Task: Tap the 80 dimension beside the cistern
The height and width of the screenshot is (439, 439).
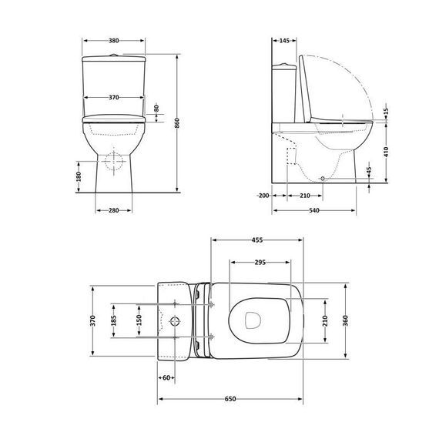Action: point(156,109)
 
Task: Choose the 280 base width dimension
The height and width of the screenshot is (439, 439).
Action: point(113,209)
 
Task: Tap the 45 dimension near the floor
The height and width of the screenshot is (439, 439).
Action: point(369,170)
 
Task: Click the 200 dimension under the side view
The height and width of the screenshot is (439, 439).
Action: point(263,196)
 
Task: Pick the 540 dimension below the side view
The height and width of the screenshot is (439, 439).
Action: point(314,209)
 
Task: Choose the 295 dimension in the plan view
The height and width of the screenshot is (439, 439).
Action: point(260,262)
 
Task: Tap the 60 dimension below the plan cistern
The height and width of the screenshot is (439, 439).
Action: point(166,377)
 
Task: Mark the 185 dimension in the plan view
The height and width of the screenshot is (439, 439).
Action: point(114,319)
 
